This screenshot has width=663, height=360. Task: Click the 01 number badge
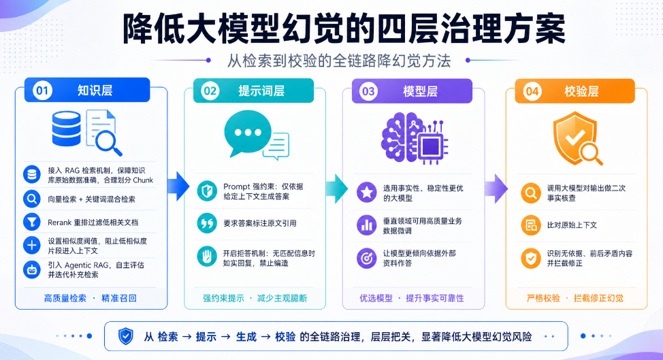coord(42,91)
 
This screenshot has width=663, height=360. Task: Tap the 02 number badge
coord(210,91)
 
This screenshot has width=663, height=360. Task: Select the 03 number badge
coord(368,91)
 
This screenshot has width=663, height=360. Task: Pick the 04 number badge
coord(532,91)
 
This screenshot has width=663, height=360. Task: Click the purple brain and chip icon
coord(415,137)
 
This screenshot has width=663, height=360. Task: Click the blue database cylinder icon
coord(67,129)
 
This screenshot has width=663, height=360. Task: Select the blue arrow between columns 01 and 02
coord(178,186)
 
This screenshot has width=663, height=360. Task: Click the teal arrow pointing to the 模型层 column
coord(337,189)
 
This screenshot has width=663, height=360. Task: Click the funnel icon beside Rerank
coord(32,223)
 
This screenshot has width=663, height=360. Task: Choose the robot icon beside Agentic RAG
coord(32,269)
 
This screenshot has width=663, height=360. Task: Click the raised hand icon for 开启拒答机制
coord(207,257)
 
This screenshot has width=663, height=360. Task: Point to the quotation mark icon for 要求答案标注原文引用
coord(207,223)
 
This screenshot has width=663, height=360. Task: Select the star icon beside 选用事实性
coord(367,193)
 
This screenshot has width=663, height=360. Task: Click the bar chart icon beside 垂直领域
coord(367,225)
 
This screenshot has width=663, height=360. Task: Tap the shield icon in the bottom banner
coord(125,336)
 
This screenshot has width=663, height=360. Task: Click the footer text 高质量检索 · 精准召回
coord(91,298)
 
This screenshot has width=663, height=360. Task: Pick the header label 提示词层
coord(261,91)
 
